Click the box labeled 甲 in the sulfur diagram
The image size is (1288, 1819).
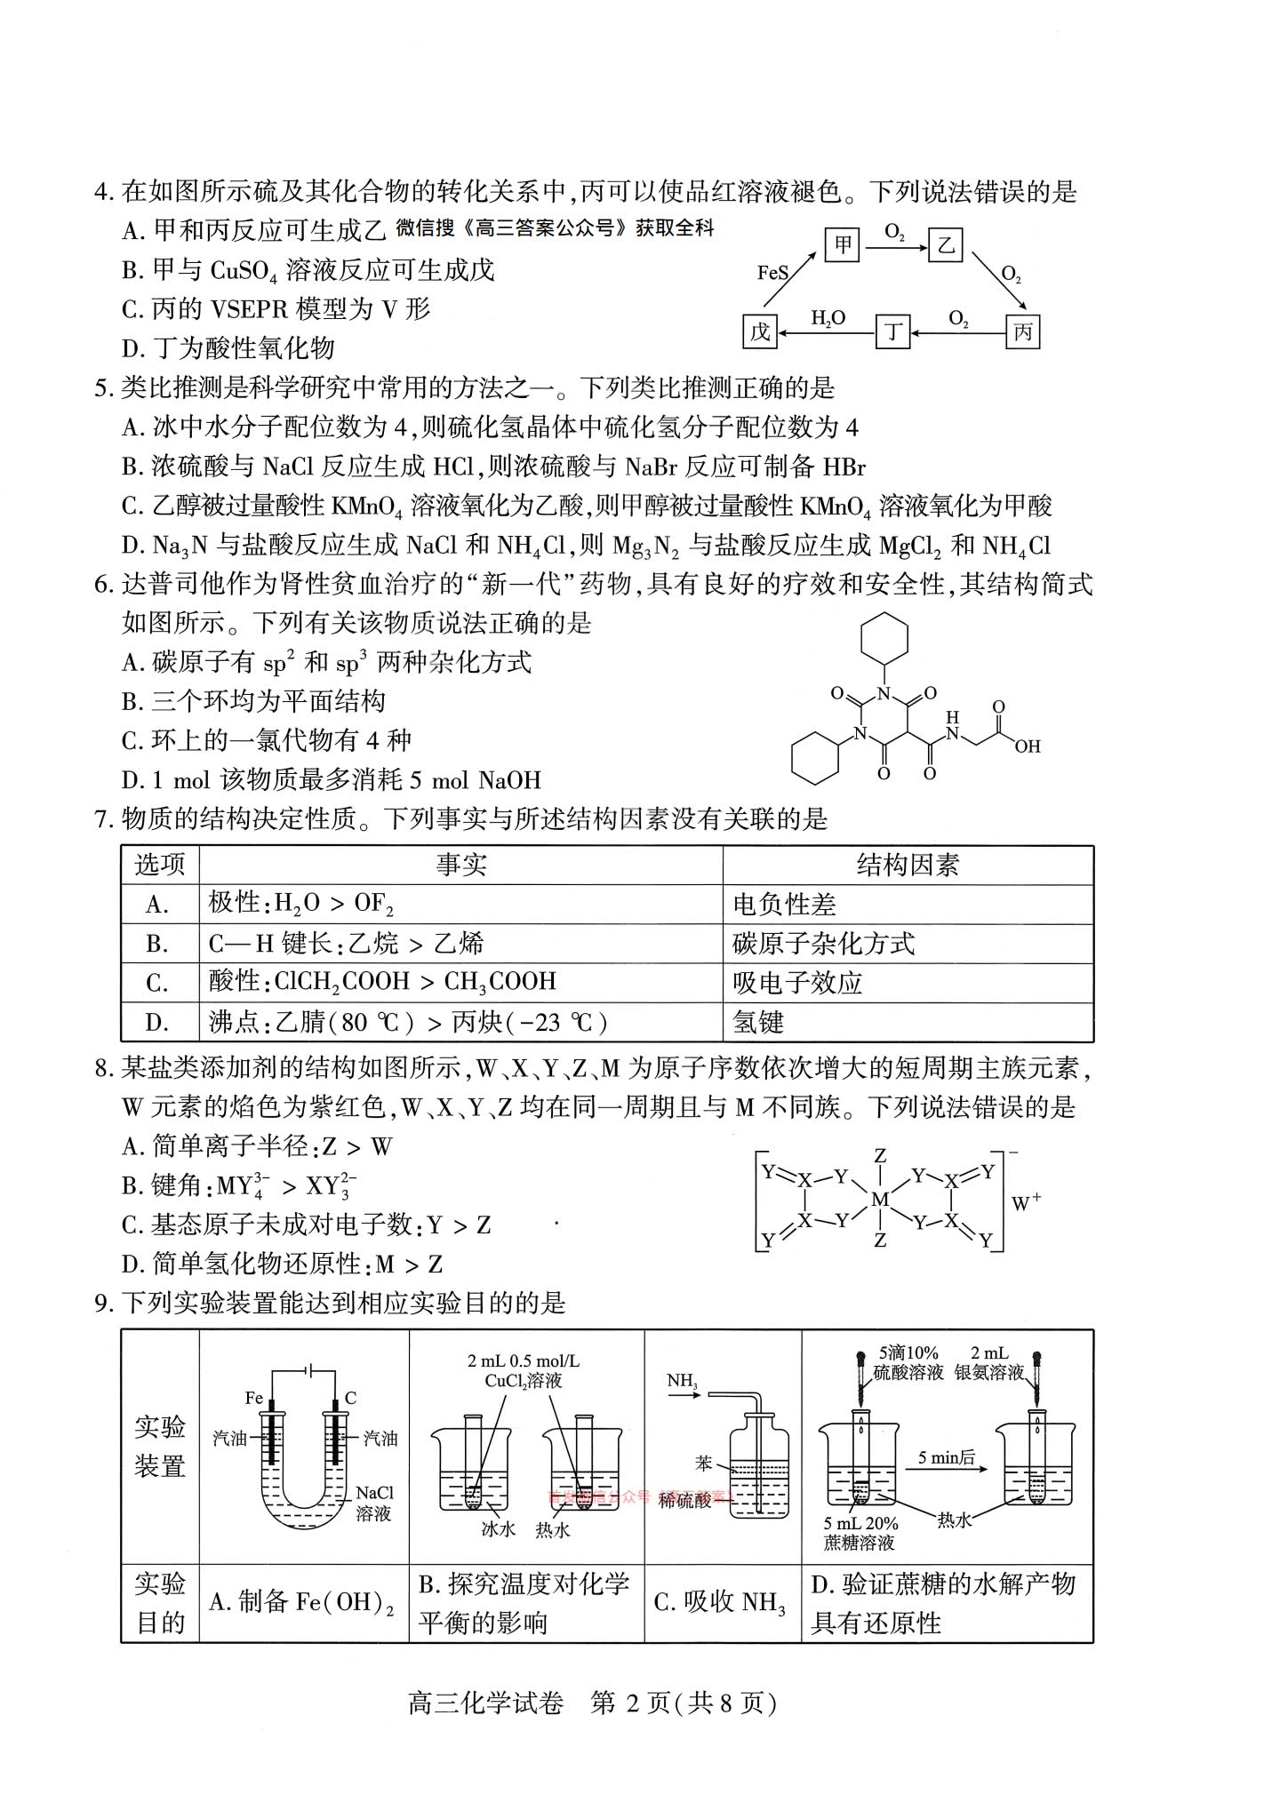tap(842, 243)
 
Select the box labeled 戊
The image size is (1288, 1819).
tap(760, 332)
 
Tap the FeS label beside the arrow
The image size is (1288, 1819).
tap(772, 273)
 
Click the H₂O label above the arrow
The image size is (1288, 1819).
tap(828, 317)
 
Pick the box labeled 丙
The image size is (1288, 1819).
tap(1022, 332)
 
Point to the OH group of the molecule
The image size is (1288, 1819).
tap(1027, 746)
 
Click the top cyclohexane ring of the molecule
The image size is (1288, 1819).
tap(884, 638)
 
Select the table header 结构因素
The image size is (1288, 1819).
tap(908, 865)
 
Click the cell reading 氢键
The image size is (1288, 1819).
tap(758, 1022)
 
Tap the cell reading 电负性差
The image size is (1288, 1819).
tap(784, 905)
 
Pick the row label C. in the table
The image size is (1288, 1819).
tap(157, 983)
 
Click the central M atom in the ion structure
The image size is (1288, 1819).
tap(879, 1200)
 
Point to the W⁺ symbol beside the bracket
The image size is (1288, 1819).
tap(1026, 1202)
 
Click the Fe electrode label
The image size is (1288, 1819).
tap(254, 1398)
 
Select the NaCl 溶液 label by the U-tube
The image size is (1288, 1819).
tap(374, 1503)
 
